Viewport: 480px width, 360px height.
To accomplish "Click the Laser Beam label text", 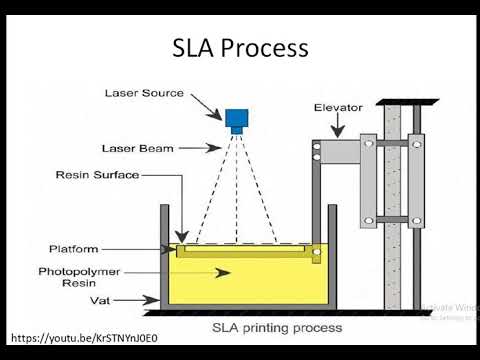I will coord(137,148).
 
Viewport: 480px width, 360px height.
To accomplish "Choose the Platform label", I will coord(75,248).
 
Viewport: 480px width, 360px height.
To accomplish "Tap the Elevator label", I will coord(338,106).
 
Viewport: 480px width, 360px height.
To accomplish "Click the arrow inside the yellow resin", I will coord(215,271).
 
